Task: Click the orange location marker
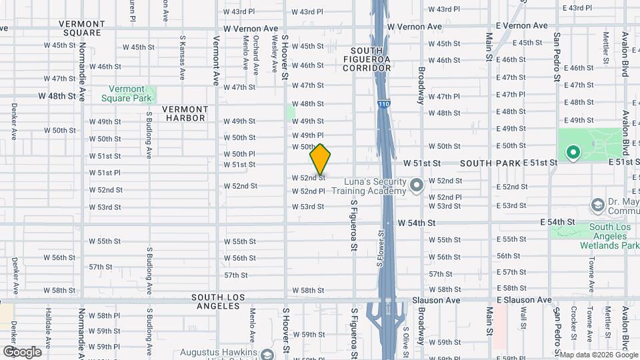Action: pyautogui.click(x=320, y=159)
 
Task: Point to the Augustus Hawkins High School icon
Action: pyautogui.click(x=267, y=354)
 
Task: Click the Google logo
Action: pyautogui.click(x=22, y=352)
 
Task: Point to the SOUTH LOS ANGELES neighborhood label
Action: pyautogui.click(x=215, y=301)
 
